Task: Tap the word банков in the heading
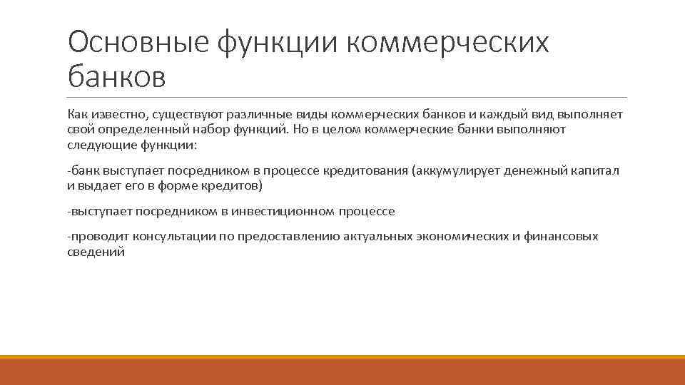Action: click(116, 76)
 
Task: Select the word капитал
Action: click(598, 170)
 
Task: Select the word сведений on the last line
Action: click(96, 252)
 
